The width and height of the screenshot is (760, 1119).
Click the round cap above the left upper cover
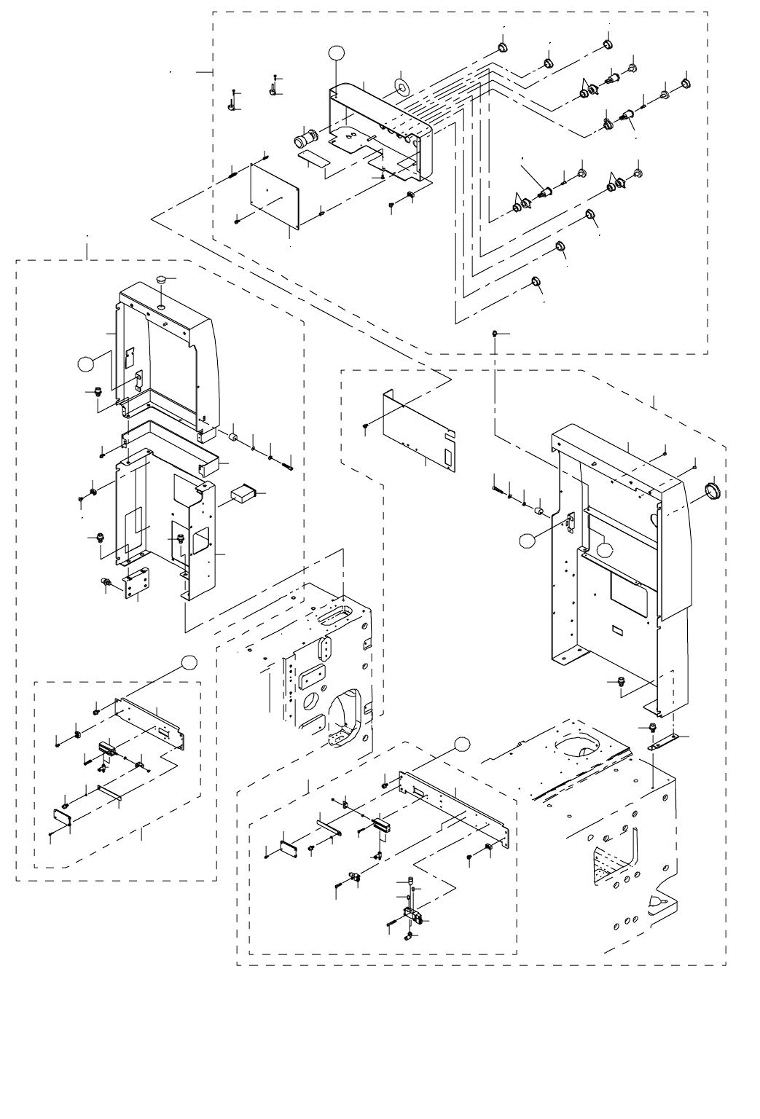point(162,279)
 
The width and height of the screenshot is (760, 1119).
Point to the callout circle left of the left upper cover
point(87,363)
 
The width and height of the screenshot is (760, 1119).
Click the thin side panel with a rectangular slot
point(419,430)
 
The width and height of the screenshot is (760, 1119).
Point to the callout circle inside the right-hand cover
point(606,551)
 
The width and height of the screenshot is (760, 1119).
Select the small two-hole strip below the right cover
point(662,744)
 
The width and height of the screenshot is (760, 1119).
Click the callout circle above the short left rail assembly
point(189,661)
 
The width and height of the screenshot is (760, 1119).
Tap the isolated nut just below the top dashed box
point(495,333)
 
